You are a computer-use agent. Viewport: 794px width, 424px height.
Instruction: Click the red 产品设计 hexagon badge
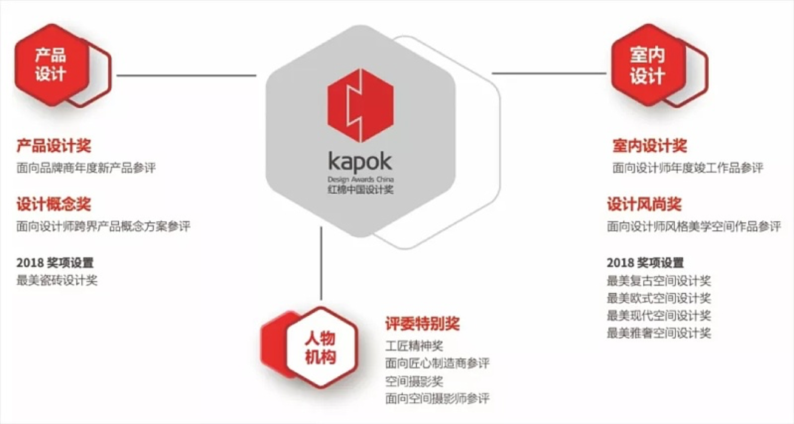pyautogui.click(x=52, y=65)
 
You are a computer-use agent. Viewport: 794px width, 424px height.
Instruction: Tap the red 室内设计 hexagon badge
pyautogui.click(x=649, y=65)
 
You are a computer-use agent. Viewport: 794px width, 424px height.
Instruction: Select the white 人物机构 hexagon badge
pyautogui.click(x=321, y=348)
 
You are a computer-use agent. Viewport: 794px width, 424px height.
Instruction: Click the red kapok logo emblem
pyautogui.click(x=360, y=105)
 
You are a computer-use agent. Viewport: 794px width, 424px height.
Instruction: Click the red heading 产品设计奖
pyautogui.click(x=54, y=146)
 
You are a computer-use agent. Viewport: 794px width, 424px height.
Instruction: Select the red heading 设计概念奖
pyautogui.click(x=54, y=204)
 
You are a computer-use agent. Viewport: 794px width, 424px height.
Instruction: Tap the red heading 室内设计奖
pyautogui.click(x=650, y=146)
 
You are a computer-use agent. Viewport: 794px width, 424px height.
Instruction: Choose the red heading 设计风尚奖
pyautogui.click(x=644, y=204)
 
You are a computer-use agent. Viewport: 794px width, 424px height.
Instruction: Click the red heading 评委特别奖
pyautogui.click(x=423, y=323)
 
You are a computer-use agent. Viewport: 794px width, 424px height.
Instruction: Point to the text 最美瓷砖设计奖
pyautogui.click(x=57, y=280)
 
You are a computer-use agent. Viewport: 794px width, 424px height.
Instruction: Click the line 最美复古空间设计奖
pyautogui.click(x=659, y=280)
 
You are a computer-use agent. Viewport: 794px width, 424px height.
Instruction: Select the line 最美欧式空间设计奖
pyautogui.click(x=659, y=298)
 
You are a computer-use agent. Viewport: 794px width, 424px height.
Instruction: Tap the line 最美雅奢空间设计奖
pyautogui.click(x=659, y=333)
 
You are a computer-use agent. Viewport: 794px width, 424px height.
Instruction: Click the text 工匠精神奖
pyautogui.click(x=414, y=346)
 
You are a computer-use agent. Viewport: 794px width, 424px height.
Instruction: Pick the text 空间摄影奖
pyautogui.click(x=414, y=382)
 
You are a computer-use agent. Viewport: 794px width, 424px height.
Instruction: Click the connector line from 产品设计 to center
pyautogui.click(x=186, y=75)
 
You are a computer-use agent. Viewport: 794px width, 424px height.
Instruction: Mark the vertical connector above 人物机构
pyautogui.click(x=321, y=263)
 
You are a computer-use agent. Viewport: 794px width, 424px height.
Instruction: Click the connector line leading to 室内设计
pyautogui.click(x=549, y=73)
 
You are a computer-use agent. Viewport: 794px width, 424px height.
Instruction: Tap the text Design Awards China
pyautogui.click(x=360, y=179)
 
